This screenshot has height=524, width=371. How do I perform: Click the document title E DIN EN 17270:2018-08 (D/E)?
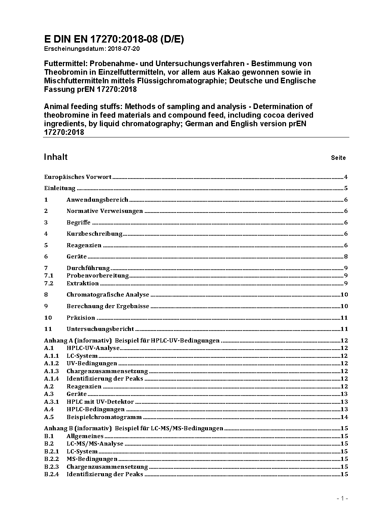pyautogui.click(x=114, y=39)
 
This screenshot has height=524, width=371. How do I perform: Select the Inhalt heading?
pyautogui.click(x=56, y=157)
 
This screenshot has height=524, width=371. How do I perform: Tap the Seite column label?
pyautogui.click(x=338, y=158)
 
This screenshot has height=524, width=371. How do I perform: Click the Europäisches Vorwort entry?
pyautogui.click(x=78, y=177)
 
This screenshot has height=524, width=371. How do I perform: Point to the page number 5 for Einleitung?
pyautogui.click(x=346, y=188)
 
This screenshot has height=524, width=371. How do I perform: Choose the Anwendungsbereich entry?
pyautogui.click(x=97, y=200)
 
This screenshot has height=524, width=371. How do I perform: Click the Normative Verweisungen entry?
pyautogui.click(x=105, y=211)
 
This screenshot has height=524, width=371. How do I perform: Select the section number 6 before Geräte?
pyautogui.click(x=46, y=257)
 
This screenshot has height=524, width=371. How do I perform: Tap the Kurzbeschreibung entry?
pyautogui.click(x=94, y=234)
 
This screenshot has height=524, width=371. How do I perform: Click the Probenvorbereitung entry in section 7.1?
pyautogui.click(x=98, y=276)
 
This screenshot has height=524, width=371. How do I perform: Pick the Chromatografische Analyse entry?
pyautogui.click(x=108, y=295)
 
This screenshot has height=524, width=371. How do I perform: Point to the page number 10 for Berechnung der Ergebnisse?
pyautogui.click(x=344, y=306)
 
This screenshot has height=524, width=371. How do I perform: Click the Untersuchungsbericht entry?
pyautogui.click(x=100, y=329)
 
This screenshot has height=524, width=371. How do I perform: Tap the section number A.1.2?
pyautogui.click(x=51, y=363)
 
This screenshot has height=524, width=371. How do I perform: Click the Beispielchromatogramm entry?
pyautogui.click(x=104, y=417)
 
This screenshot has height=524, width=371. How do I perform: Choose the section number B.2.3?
pyautogui.click(x=51, y=467)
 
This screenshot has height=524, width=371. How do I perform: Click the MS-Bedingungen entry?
pyautogui.click(x=92, y=459)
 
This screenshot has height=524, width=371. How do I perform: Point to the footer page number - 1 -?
pyautogui.click(x=342, y=499)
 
